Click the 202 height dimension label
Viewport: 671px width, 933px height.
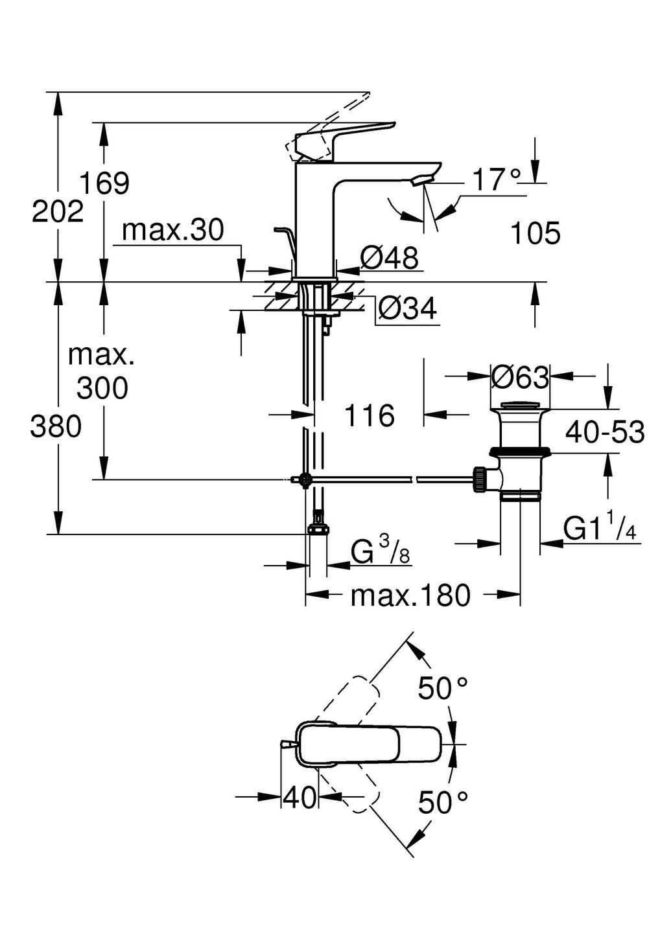pos(58,211)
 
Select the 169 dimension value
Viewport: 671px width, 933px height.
pos(104,183)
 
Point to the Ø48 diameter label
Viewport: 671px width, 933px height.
pos(389,259)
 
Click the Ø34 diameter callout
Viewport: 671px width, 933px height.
pos(407,309)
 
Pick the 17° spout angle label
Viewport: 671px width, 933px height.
pos(496,180)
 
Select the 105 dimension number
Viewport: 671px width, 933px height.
pos(536,233)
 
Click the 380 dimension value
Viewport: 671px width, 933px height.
pos(56,427)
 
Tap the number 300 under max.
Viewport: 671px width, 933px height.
pos(102,389)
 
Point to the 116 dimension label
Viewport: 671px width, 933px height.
pos(369,415)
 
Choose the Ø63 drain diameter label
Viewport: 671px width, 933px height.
pos(520,377)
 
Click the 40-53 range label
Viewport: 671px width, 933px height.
pos(605,432)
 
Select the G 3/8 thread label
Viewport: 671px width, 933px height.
pos(381,553)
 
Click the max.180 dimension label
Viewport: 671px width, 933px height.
pos(410,595)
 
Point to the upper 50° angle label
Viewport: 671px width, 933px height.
pos(443,688)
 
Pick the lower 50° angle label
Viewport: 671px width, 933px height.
pos(443,803)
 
